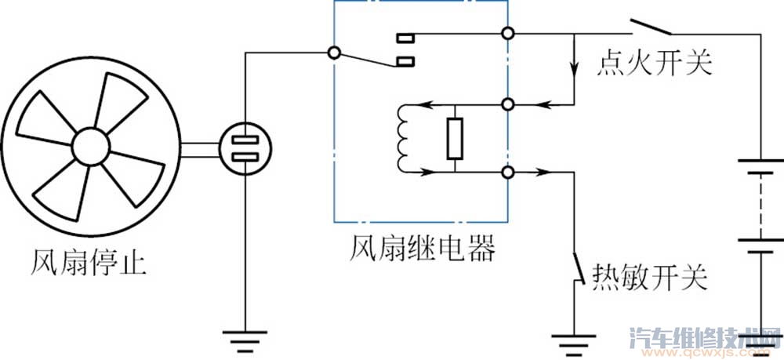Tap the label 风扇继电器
(x=422, y=250)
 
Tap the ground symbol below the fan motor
(x=246, y=339)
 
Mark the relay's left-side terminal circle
(x=334, y=53)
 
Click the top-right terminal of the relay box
(x=508, y=35)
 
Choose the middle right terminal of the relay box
(x=508, y=104)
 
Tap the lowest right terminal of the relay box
(x=508, y=173)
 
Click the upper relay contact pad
(x=406, y=36)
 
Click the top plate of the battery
(x=760, y=165)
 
